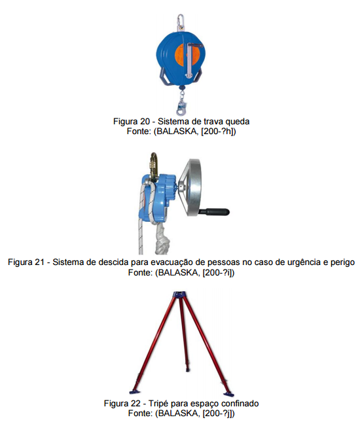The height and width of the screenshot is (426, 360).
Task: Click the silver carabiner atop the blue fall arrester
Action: (x=180, y=21)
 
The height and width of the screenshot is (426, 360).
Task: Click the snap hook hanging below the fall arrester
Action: (x=180, y=105)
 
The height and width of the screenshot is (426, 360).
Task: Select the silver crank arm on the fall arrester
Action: (x=189, y=60)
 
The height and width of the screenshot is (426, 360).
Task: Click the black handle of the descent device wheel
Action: (x=215, y=212)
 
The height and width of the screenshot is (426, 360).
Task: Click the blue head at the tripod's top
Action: (x=180, y=294)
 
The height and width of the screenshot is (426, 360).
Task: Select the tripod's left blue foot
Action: (x=137, y=392)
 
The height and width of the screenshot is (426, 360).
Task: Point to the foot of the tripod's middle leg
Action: (x=187, y=370)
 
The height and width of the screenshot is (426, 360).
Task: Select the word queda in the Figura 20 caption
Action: (x=238, y=122)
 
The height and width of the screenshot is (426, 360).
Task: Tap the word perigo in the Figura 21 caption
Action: (x=342, y=262)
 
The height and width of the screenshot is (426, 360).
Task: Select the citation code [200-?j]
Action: (x=217, y=414)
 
